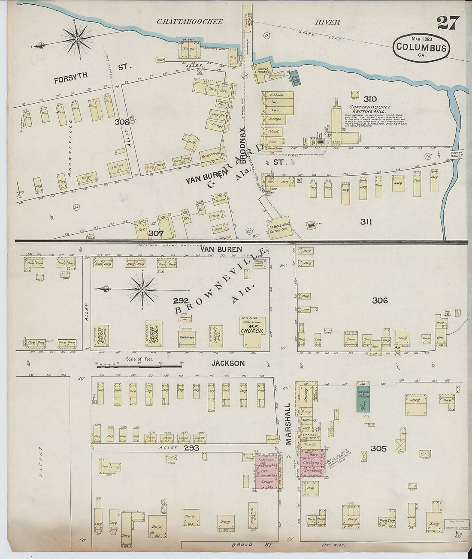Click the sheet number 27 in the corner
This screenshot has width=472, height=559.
click(448, 23)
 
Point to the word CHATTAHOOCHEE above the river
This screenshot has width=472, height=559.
click(189, 21)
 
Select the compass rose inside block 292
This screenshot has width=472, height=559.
click(142, 290)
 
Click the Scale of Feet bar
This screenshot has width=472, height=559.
click(138, 366)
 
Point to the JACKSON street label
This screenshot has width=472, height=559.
click(228, 363)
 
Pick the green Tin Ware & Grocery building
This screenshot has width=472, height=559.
click(363, 398)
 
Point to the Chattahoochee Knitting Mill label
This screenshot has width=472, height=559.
click(370, 109)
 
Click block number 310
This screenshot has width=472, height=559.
click(370, 99)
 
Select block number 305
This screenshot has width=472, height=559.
click(378, 448)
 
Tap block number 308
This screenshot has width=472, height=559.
click(122, 122)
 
